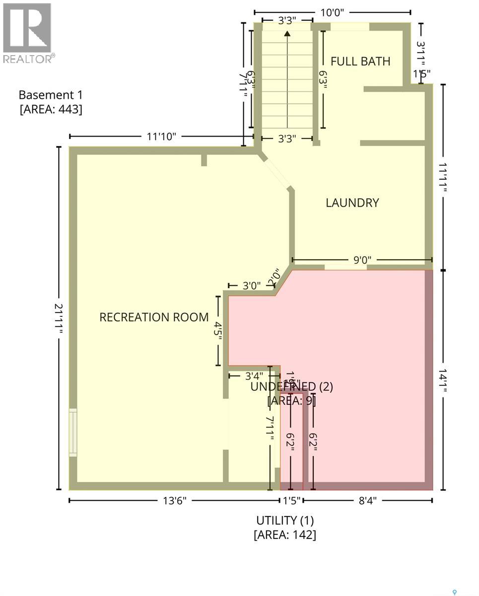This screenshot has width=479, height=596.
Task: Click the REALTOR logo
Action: (27, 32)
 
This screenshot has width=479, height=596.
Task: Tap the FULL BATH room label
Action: (360, 62)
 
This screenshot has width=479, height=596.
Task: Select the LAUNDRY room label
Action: (352, 203)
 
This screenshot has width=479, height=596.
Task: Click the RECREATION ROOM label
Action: (154, 317)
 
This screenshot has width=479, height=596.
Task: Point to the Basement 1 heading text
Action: (51, 95)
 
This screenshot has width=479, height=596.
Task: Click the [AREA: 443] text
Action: (51, 109)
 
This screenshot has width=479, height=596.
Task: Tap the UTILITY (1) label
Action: (285, 521)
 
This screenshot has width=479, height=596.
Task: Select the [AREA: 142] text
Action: (285, 534)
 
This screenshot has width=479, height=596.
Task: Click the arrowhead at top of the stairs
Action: (287, 34)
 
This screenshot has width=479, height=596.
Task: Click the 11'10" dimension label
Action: (162, 137)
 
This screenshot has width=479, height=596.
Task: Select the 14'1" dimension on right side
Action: (443, 379)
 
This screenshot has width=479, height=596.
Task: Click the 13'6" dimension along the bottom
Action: (174, 501)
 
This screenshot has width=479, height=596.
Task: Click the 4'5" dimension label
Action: (217, 330)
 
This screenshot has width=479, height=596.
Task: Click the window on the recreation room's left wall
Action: (73, 432)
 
